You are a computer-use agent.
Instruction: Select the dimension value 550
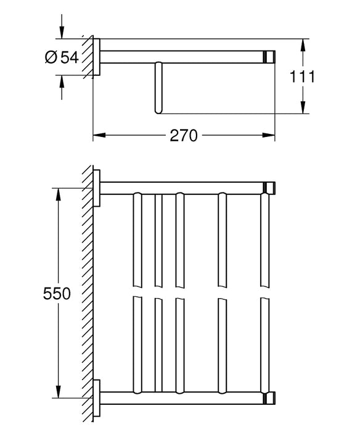pos(57,293)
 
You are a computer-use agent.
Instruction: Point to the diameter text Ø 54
pos(62,57)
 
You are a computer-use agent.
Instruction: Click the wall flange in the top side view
pos(97,57)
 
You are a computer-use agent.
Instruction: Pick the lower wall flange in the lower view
pos(97,397)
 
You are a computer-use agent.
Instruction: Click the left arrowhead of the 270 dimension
pos(97,136)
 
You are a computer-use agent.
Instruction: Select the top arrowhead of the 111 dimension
pos(303,45)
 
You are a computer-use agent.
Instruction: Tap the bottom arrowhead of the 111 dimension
pos(303,109)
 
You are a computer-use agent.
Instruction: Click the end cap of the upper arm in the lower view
pos(269,188)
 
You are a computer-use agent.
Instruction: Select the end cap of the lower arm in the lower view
pos(269,397)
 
